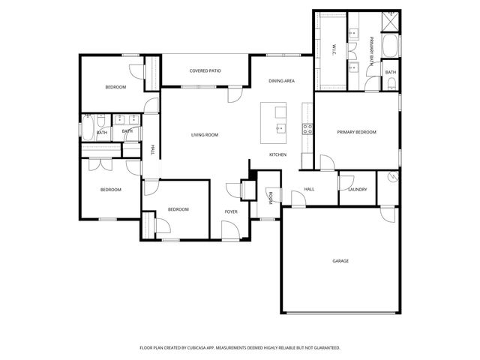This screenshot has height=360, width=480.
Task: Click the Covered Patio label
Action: coord(205,71)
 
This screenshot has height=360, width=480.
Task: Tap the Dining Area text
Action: coord(282,80)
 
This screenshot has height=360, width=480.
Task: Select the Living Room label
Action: coord(204,135)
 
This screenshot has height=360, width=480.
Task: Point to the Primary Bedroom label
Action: coord(356,132)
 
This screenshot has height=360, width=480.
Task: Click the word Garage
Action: coord(340,261)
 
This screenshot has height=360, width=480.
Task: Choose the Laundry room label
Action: coord(357,189)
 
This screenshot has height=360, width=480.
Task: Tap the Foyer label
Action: coord(232,211)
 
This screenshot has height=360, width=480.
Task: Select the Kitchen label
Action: coord(277,154)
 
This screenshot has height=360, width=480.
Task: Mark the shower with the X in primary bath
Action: coord(391,22)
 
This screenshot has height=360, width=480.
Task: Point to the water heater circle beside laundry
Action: coord(391,178)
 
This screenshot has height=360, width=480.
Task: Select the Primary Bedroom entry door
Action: coord(326,163)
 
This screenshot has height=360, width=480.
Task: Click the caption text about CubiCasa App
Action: coord(240,348)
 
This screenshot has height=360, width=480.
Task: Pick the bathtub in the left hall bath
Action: coord(86,132)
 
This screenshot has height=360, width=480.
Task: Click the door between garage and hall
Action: coord(298,200)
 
